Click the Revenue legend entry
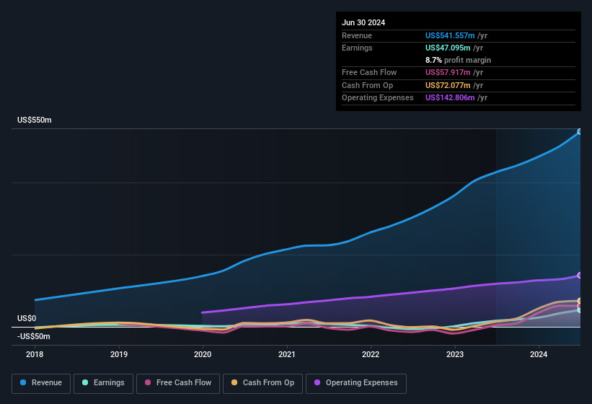click(41, 382)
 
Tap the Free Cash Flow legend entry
click(178, 382)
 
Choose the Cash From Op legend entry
click(262, 382)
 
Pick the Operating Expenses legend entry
click(356, 382)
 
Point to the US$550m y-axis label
click(35, 120)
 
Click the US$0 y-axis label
click(27, 318)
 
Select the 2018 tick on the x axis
click(35, 354)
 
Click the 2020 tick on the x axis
click(203, 354)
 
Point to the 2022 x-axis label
click(371, 354)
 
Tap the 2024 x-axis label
click(538, 354)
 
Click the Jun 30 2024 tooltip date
click(363, 22)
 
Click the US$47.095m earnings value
click(449, 48)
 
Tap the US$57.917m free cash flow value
click(449, 72)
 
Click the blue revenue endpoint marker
click(579, 132)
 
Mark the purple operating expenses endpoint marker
click(579, 276)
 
